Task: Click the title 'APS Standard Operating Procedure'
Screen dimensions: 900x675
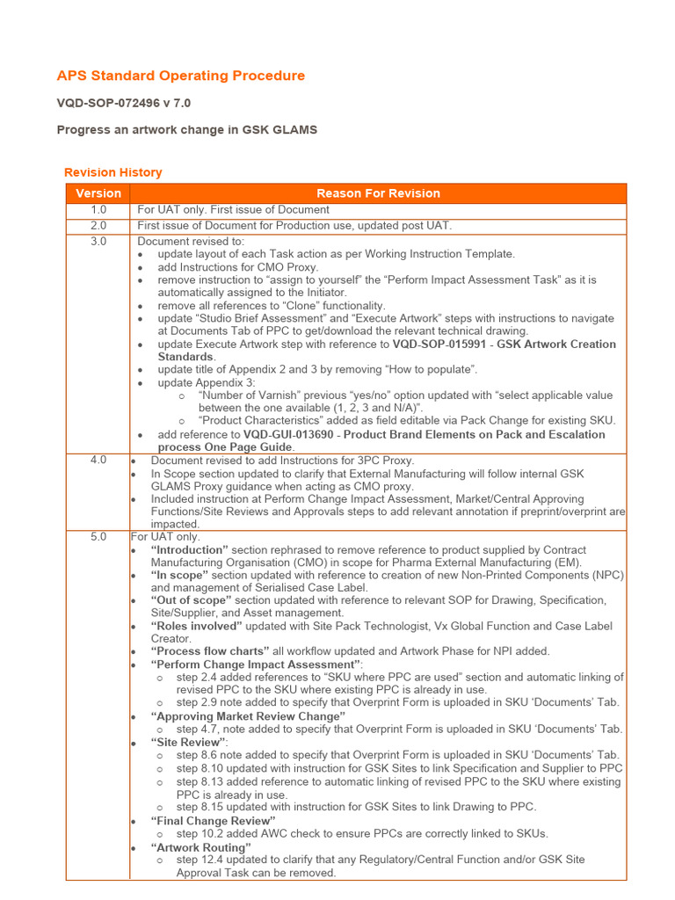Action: (x=181, y=76)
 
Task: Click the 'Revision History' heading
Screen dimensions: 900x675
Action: (x=113, y=172)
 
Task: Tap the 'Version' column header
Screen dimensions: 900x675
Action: (x=98, y=193)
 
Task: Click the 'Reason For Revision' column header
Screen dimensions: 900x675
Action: (x=378, y=193)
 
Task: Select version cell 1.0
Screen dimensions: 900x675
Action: (x=98, y=210)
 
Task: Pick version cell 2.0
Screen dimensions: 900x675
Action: (x=98, y=226)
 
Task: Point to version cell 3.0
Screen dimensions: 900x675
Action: (x=98, y=242)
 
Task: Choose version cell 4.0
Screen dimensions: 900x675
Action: (x=98, y=461)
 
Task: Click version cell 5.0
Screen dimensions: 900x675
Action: (x=98, y=537)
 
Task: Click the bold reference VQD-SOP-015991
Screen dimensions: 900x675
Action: (x=441, y=345)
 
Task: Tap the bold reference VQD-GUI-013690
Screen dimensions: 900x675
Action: (x=294, y=434)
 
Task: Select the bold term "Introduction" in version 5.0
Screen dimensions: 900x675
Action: (x=191, y=550)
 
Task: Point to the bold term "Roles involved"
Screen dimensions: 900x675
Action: (x=196, y=627)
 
